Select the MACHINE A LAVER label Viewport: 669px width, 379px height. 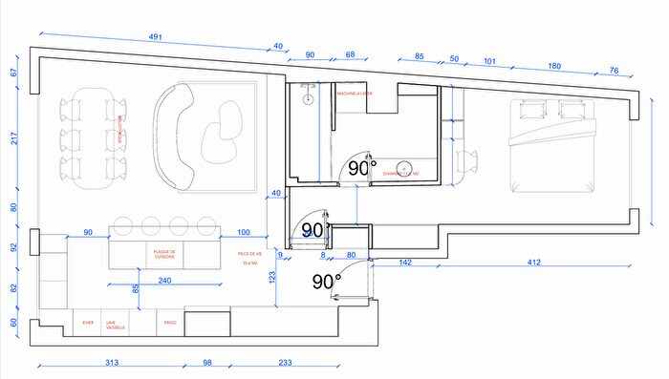click(x=359, y=93)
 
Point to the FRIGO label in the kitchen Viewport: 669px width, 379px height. click(x=169, y=324)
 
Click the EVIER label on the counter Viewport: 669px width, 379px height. click(x=89, y=324)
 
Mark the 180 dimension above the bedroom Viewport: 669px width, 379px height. click(x=554, y=66)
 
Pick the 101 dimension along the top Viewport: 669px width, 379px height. click(x=489, y=62)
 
